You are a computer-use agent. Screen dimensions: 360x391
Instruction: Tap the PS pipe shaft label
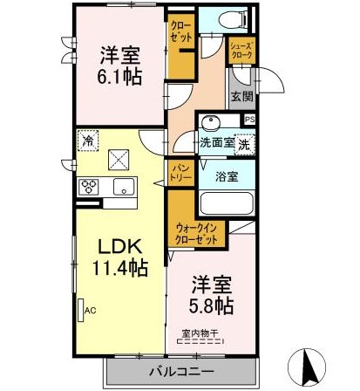click(x=249, y=120)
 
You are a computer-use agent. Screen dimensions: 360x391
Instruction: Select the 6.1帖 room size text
click(x=119, y=77)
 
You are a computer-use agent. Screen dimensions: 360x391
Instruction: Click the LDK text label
click(x=120, y=247)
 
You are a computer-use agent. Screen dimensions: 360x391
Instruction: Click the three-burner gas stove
click(x=89, y=187)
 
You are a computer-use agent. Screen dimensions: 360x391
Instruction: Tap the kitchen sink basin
click(x=124, y=187)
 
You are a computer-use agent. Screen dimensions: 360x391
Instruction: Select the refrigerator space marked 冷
click(x=88, y=141)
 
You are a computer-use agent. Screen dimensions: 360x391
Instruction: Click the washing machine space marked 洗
click(x=244, y=145)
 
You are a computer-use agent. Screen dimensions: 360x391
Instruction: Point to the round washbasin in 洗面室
click(x=212, y=122)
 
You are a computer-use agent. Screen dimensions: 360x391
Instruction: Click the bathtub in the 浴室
click(x=227, y=203)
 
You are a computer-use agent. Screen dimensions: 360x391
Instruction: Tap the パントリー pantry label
click(x=180, y=173)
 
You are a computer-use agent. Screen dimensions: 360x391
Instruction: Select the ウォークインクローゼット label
click(x=197, y=234)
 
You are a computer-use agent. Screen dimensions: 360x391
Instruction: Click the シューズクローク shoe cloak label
click(x=241, y=50)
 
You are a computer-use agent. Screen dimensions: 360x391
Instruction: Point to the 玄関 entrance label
click(x=241, y=97)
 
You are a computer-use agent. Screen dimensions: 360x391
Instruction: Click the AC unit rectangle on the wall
click(x=81, y=311)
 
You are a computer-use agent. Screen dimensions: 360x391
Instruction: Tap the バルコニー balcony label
click(x=181, y=372)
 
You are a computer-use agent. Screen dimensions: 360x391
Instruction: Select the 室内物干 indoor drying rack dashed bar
click(x=200, y=342)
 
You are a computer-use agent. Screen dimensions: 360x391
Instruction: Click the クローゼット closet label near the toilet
click(x=180, y=31)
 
